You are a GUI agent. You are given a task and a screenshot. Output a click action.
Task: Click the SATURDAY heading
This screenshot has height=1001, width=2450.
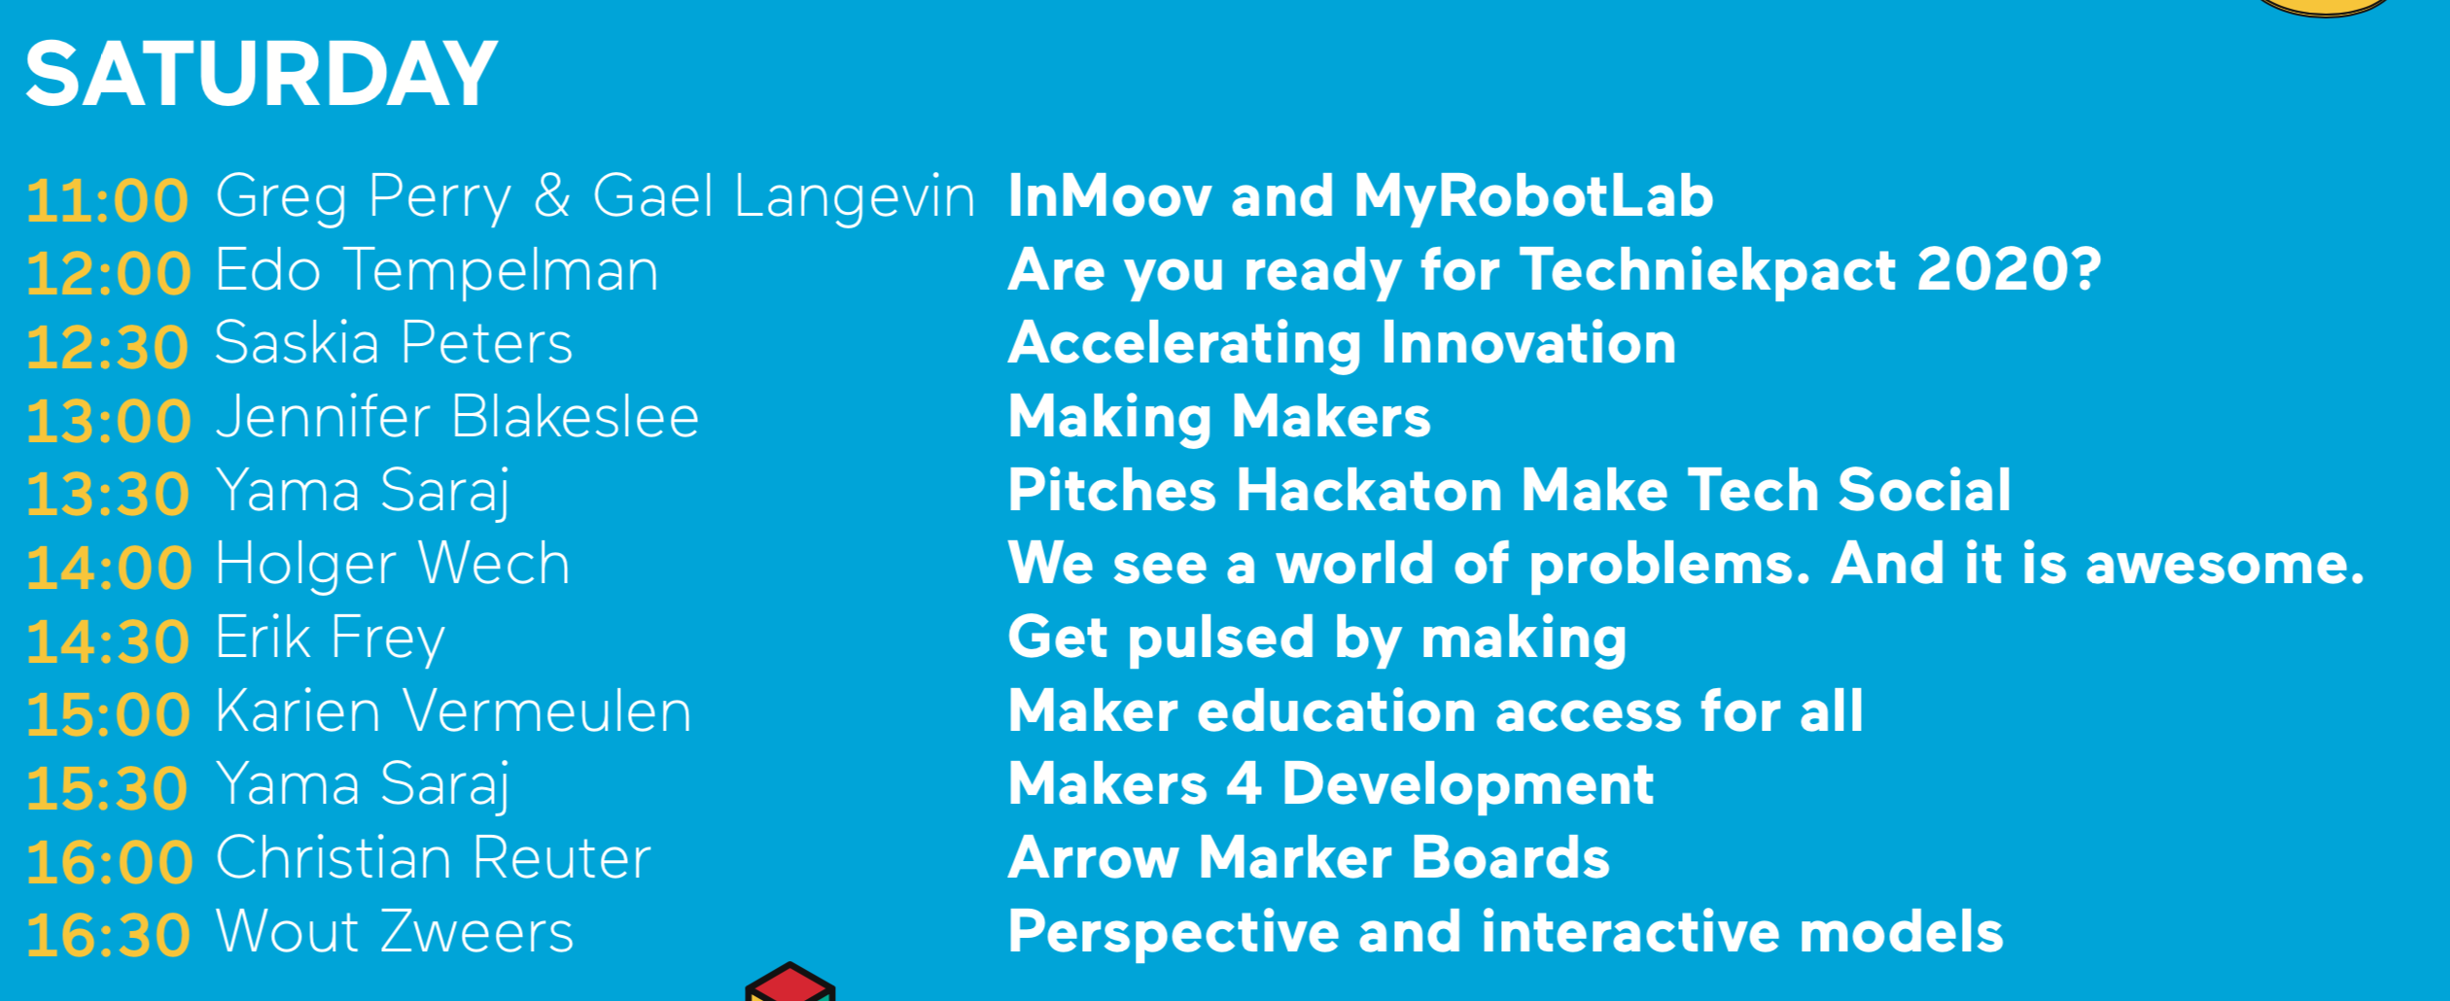pyautogui.click(x=262, y=74)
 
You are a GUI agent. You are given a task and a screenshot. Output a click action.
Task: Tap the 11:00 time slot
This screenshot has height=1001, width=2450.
pyautogui.click(x=108, y=200)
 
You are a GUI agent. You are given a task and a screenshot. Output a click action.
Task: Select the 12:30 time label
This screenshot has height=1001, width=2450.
pyautogui.click(x=108, y=347)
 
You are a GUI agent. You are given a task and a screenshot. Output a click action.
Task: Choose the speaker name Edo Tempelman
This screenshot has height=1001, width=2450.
pyautogui.click(x=437, y=270)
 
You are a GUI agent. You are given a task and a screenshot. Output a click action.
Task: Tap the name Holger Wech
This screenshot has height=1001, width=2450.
pyautogui.click(x=393, y=564)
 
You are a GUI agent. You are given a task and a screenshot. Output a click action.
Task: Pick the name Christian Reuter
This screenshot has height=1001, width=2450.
pyautogui.click(x=434, y=858)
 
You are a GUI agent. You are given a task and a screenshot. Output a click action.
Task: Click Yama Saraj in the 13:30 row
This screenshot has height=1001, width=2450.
pyautogui.click(x=363, y=491)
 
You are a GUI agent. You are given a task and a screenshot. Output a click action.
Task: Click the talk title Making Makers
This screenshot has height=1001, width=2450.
pyautogui.click(x=1219, y=418)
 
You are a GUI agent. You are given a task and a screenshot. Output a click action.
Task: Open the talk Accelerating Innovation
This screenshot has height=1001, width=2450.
pyautogui.click(x=1343, y=344)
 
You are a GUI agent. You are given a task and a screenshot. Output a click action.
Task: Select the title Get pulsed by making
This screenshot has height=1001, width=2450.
pyautogui.click(x=1317, y=639)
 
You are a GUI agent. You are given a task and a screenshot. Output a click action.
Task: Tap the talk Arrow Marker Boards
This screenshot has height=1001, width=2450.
pyautogui.click(x=1309, y=858)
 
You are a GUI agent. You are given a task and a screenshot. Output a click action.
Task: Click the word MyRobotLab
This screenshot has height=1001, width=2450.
pyautogui.click(x=1533, y=196)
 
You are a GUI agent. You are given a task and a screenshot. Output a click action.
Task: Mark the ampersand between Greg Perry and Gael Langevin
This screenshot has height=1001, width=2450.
pyautogui.click(x=551, y=195)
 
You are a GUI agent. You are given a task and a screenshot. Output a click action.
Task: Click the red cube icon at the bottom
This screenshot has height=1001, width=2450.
pyautogui.click(x=790, y=983)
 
